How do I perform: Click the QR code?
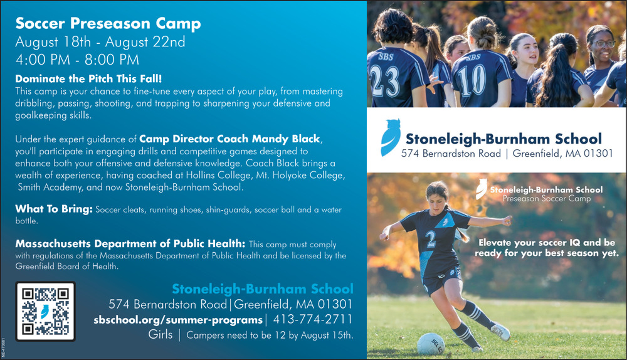click(46, 312)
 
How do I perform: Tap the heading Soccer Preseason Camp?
click(108, 24)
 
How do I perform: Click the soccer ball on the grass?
click(431, 344)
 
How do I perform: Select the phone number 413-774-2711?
click(313, 320)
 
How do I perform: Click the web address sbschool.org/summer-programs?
click(178, 320)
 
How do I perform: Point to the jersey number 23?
click(384, 80)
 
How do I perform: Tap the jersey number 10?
click(472, 81)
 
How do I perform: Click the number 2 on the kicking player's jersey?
click(430, 239)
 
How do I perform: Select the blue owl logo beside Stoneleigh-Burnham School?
click(390, 137)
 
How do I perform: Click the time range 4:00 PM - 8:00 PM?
click(77, 60)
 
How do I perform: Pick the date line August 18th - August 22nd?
click(100, 41)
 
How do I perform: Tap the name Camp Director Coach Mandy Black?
click(229, 139)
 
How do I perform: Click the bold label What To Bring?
click(54, 209)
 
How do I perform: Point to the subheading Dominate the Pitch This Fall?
click(88, 78)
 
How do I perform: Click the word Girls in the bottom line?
click(161, 334)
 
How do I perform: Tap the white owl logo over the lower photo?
click(482, 189)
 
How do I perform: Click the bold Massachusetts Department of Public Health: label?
click(130, 243)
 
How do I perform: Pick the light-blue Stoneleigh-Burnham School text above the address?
click(263, 289)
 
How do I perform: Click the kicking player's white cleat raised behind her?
click(500, 332)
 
